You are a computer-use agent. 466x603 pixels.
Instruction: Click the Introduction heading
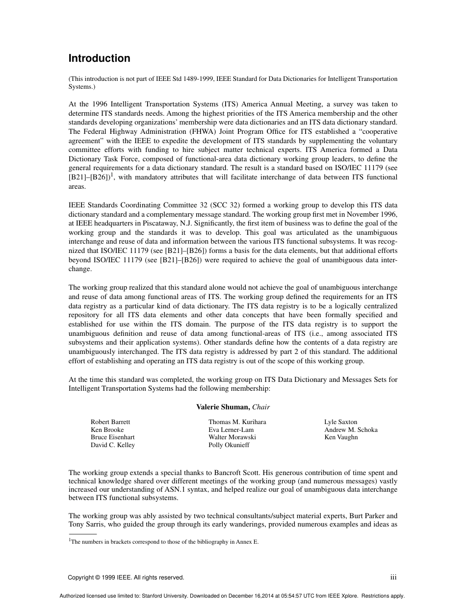99,58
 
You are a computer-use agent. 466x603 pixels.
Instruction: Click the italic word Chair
261,407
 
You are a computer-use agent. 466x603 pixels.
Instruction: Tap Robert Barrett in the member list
110,422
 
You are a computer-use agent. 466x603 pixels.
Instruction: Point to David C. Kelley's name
113,445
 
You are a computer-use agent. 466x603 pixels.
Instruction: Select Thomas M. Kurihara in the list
237,422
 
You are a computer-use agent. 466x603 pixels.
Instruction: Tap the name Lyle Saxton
340,422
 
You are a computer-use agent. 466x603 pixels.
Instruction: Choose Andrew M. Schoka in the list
351,429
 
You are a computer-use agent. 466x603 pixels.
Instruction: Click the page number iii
393,578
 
